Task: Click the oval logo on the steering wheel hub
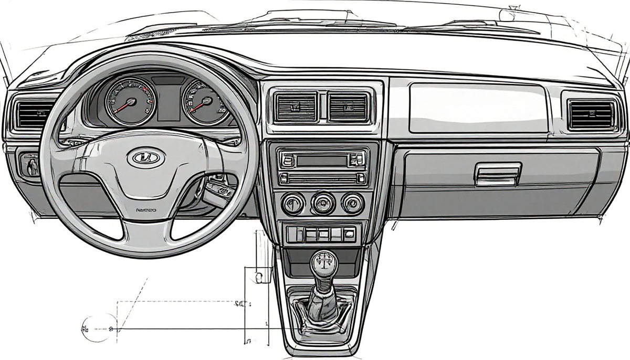145,157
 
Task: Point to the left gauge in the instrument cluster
130,101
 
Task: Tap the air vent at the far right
591,115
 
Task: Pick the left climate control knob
292,203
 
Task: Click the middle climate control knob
322,203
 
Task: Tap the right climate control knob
352,203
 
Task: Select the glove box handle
498,174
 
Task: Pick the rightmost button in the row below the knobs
349,234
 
